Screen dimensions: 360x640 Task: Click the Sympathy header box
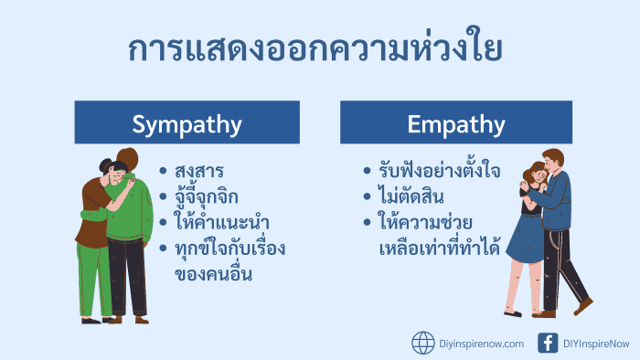tap(187, 122)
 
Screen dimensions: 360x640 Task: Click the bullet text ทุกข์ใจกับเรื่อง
tap(230, 248)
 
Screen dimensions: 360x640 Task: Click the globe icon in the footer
tap(423, 343)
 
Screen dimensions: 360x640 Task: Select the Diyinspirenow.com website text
tap(482, 344)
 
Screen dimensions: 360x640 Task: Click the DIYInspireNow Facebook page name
tap(596, 344)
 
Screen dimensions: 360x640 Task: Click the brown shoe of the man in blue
tap(583, 306)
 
